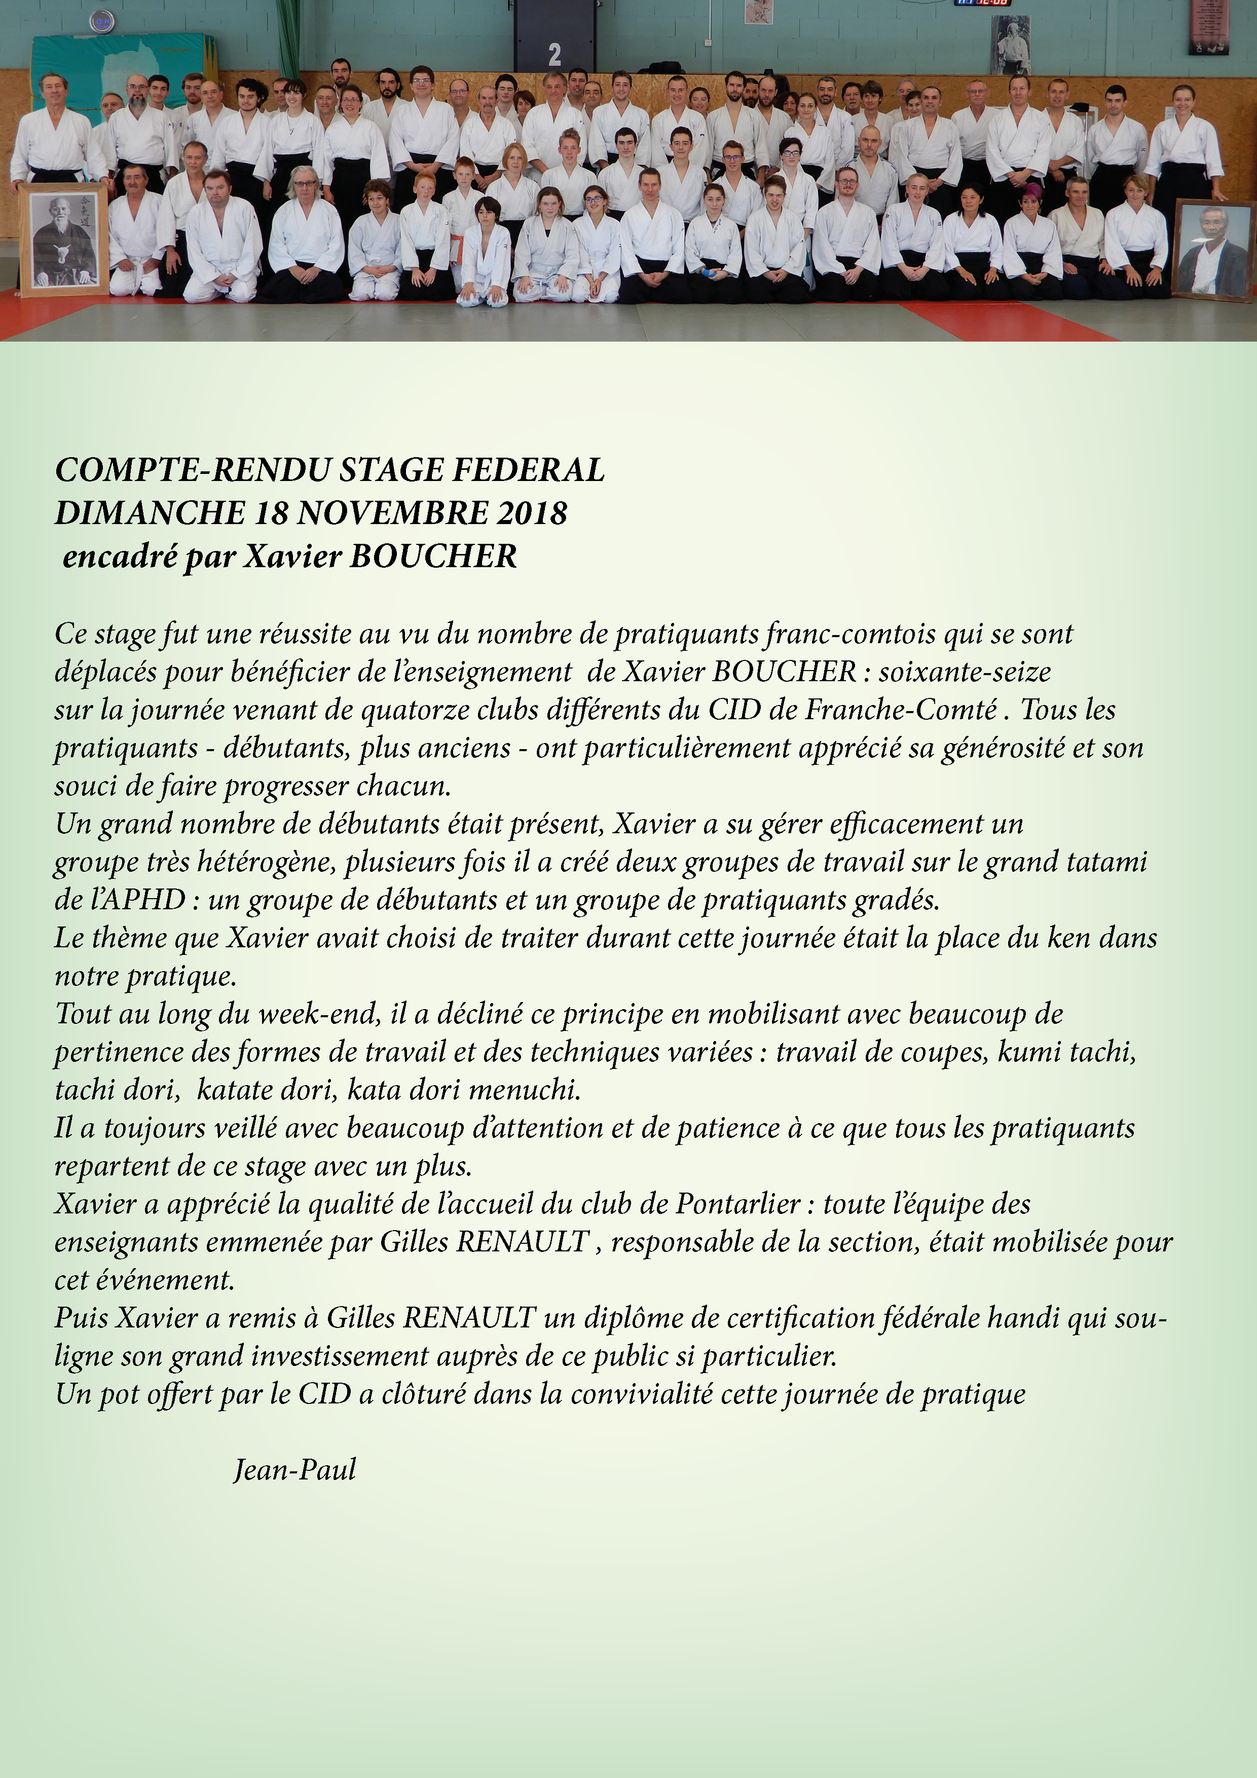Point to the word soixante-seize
[964, 672]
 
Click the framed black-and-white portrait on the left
[63, 239]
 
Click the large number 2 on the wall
[554, 54]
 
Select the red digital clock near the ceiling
[983, 3]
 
